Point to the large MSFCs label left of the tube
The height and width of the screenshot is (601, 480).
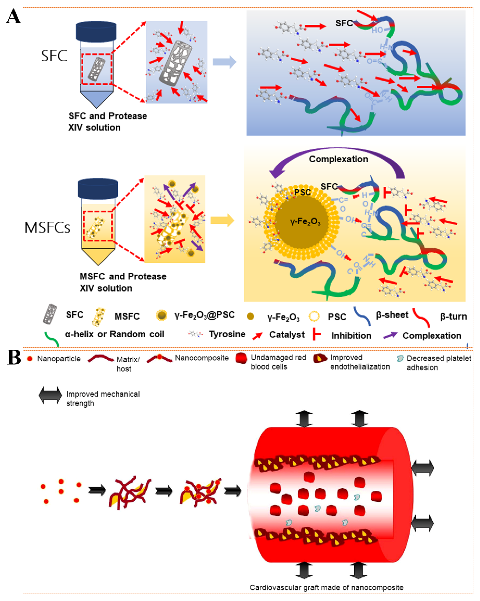tap(47, 227)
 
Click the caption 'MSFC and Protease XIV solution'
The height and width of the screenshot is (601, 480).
tap(123, 282)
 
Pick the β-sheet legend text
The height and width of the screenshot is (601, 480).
tap(392, 315)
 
